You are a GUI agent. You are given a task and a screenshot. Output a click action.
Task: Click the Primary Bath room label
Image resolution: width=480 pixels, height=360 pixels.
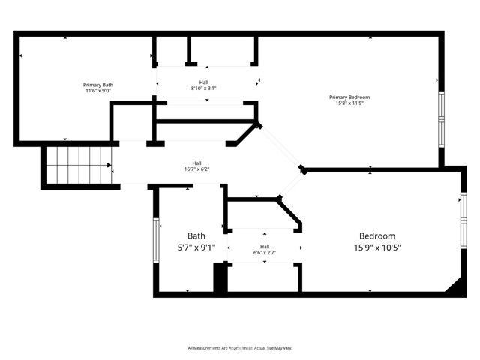[x=97, y=85]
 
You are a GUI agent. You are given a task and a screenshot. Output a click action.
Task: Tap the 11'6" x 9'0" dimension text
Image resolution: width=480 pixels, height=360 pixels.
[x=97, y=91]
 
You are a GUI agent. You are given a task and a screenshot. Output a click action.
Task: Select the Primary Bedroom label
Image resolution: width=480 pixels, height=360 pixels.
[x=349, y=97]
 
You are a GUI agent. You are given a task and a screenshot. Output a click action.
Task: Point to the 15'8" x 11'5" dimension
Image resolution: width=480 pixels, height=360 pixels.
[x=349, y=103]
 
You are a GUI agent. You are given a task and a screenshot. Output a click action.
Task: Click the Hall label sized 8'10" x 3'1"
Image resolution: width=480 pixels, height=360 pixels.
[x=204, y=82]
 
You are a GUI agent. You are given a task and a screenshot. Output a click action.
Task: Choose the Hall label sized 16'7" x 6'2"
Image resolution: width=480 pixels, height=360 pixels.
[x=196, y=163]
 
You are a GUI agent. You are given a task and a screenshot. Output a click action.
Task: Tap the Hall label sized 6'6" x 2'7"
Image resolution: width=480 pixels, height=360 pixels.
[x=265, y=246]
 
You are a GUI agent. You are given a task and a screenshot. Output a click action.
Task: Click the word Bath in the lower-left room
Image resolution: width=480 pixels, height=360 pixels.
[x=196, y=235]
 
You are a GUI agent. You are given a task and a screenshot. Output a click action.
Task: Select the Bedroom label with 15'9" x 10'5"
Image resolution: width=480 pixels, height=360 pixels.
[x=377, y=235]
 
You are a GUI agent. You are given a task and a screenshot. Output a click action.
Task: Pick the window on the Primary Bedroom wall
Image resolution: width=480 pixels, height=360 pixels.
[x=442, y=118]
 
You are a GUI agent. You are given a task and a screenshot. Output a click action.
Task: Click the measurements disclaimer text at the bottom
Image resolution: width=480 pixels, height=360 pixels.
[x=240, y=348]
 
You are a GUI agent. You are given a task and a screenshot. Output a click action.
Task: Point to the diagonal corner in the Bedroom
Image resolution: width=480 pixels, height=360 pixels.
[x=454, y=286]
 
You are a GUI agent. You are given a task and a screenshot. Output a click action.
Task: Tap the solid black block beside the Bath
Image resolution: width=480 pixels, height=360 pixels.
[x=220, y=278]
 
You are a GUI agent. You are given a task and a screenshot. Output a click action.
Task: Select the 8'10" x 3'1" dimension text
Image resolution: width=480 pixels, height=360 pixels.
[x=204, y=88]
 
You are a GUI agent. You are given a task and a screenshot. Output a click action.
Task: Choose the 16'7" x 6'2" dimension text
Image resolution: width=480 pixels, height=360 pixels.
[x=196, y=169]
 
